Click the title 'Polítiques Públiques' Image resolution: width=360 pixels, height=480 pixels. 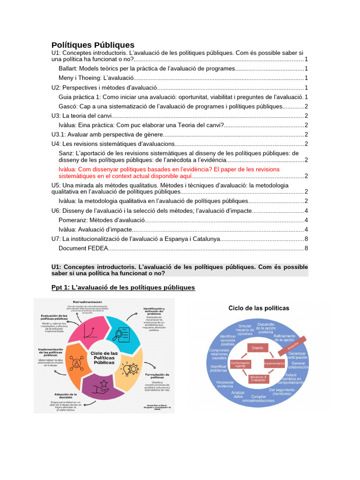click(93, 45)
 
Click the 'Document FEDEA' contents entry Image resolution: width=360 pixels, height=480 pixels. click(79, 248)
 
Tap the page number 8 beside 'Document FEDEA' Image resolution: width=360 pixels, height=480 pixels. click(306, 248)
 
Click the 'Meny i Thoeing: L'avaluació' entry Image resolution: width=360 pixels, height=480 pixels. click(96, 78)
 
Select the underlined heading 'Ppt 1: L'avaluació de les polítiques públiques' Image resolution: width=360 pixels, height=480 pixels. click(123, 287)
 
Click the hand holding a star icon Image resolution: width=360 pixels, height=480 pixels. click(101, 388)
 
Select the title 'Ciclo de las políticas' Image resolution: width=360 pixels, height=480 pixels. click(258, 308)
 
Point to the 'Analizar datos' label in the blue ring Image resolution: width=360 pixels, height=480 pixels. click(238, 394)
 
